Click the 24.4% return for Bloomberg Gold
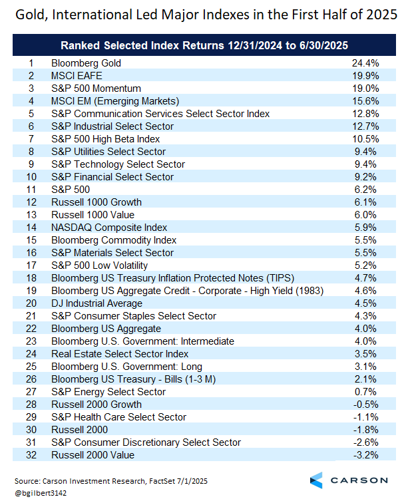point(365,63)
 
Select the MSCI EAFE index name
point(77,76)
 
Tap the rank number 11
point(31,190)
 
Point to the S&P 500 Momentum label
point(97,88)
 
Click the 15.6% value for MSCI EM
point(365,101)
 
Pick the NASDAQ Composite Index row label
point(109,228)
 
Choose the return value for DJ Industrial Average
point(365,303)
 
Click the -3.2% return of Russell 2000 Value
point(365,455)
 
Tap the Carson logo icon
point(316,480)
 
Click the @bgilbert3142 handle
point(41,493)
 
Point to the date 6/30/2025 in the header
point(323,45)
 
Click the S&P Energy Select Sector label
point(108,392)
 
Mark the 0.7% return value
point(365,392)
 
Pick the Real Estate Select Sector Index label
point(120,354)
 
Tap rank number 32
point(31,455)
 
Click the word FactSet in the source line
point(162,481)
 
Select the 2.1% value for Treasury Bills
point(365,379)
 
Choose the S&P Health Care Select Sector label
point(118,417)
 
